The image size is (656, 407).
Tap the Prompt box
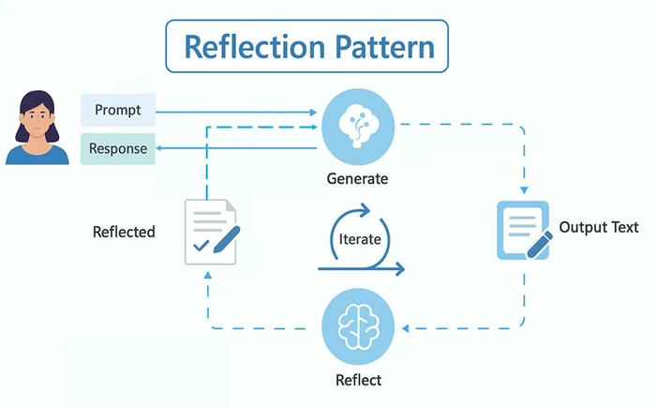coord(117,111)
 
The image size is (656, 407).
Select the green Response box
coord(117,148)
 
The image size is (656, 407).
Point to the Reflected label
coord(124,231)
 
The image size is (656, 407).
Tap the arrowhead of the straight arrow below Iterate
coord(400,270)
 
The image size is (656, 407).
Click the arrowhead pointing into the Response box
coord(160,148)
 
